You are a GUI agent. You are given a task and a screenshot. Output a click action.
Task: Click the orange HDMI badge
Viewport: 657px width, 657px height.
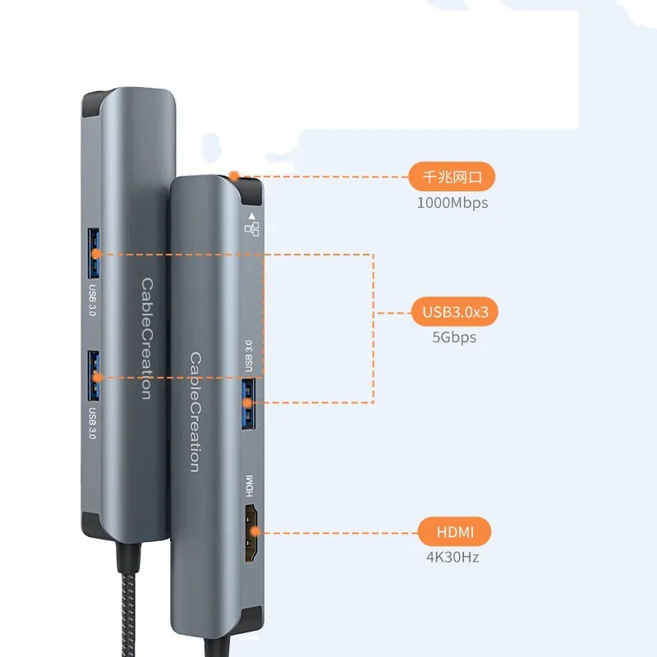454,531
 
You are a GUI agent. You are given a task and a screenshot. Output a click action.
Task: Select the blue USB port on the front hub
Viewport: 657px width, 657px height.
249,402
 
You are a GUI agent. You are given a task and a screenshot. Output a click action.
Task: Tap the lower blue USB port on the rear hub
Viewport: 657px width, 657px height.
95,375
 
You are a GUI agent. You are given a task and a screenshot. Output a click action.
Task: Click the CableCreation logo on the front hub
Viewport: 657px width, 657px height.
195,412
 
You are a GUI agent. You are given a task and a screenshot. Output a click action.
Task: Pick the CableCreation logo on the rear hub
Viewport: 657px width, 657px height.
145,338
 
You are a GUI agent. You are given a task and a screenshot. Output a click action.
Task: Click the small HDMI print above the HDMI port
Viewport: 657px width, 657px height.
249,487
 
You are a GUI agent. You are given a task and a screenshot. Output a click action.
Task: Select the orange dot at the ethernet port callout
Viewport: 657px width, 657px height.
235,175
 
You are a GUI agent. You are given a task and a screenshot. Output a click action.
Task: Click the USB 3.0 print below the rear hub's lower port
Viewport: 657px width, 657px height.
92,424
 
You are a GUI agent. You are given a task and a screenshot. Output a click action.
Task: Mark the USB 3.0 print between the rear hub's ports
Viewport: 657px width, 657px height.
92,301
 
